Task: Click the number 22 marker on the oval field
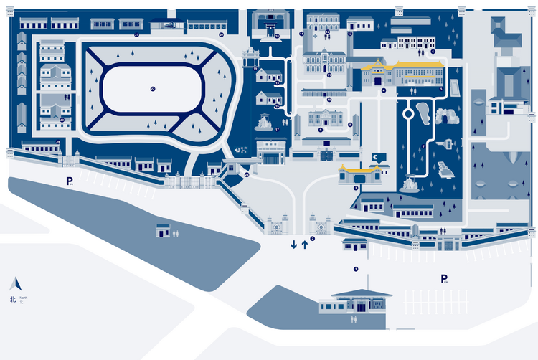tap(153, 89)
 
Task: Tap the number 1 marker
tap(355, 269)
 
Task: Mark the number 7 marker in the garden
tap(424, 146)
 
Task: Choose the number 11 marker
tap(329, 75)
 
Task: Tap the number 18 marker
tap(276, 35)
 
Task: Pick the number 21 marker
tap(136, 34)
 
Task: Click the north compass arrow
tap(11, 284)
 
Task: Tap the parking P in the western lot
tap(70, 181)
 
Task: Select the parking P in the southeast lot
tap(444, 279)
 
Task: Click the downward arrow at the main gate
tap(293, 245)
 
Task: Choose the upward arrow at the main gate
tap(304, 245)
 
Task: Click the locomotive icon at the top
tap(169, 24)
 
